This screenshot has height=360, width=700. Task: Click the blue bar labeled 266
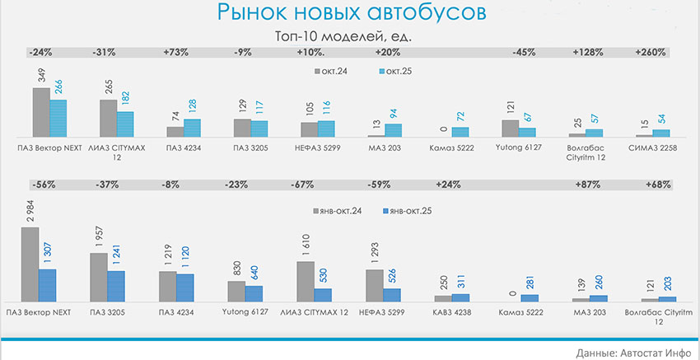(x=57, y=118)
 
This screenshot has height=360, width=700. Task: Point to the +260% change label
(x=651, y=52)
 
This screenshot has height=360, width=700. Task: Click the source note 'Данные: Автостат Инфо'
(x=632, y=352)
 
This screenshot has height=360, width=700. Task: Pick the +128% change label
(x=586, y=52)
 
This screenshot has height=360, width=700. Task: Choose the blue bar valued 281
(x=530, y=297)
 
